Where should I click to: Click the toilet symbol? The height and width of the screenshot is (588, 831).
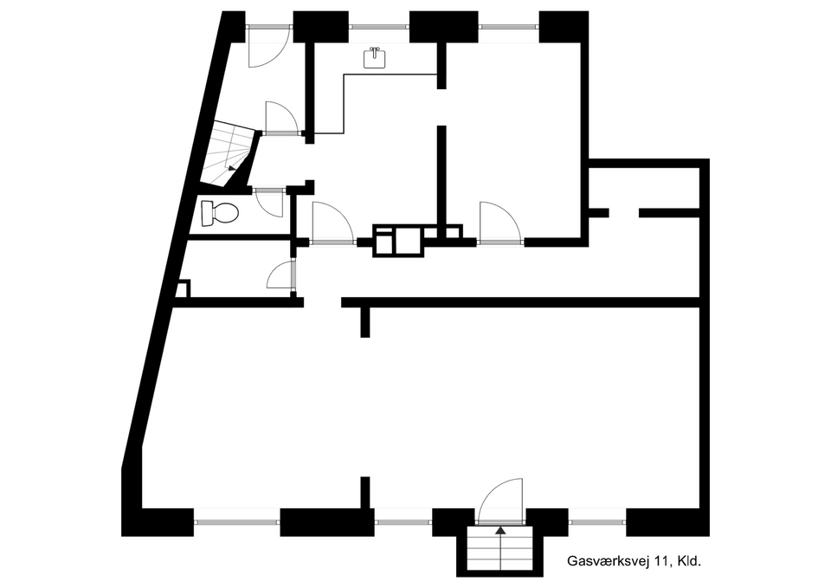[219, 213]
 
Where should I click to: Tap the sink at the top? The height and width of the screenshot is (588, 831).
[375, 58]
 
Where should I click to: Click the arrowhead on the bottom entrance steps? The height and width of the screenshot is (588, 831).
[499, 529]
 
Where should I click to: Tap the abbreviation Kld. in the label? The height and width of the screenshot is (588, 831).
[689, 560]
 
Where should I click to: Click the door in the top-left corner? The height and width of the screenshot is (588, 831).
[268, 47]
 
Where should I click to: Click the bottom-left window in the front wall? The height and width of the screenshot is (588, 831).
[236, 522]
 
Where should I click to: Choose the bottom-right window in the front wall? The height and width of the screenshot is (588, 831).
[597, 522]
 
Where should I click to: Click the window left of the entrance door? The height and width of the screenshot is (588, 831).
[403, 522]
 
